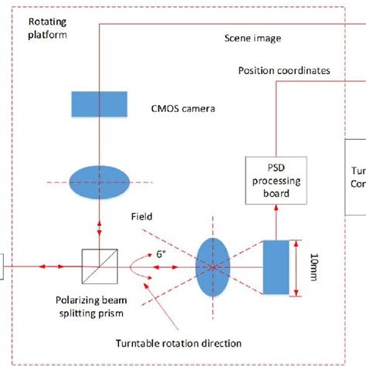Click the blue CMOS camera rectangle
tap(100, 102)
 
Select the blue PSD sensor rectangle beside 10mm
tap(276, 267)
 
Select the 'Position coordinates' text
tap(285, 71)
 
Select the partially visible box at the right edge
tap(356, 178)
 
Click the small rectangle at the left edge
tap(4, 267)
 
